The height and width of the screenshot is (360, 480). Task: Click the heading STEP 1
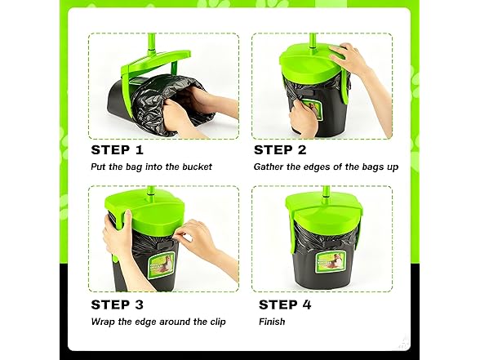click(117, 150)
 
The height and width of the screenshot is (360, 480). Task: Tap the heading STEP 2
click(280, 150)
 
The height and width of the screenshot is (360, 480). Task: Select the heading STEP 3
click(117, 305)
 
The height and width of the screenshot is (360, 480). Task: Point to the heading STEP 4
click(285, 305)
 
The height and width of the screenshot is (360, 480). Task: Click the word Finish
click(272, 322)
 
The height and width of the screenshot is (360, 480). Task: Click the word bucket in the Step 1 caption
click(198, 167)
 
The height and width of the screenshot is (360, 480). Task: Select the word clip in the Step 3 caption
click(218, 322)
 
